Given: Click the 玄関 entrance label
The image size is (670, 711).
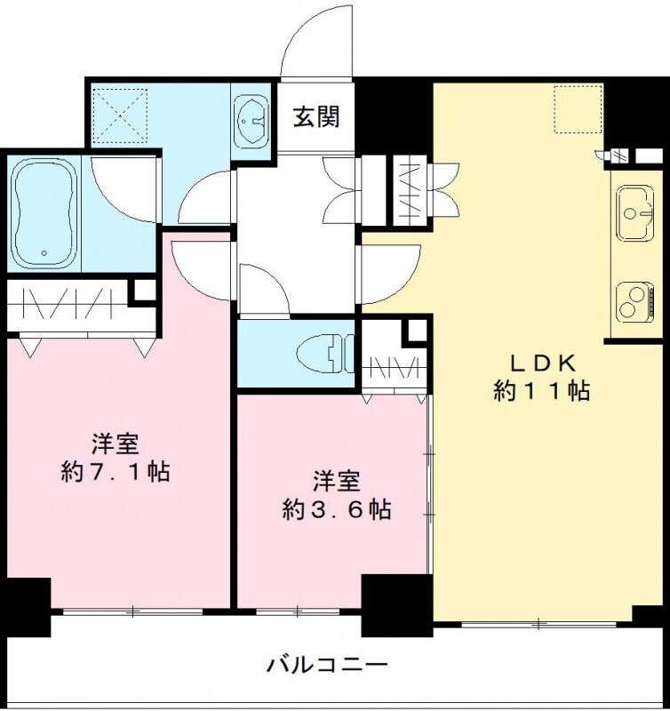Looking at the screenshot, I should coord(316,117).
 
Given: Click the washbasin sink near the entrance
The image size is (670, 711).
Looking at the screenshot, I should coord(252,118).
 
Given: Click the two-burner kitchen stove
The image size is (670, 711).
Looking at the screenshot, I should coord(636,301).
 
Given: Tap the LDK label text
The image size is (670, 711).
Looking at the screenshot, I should coord(543,363).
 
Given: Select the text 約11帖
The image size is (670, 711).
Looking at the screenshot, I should coord(543,391).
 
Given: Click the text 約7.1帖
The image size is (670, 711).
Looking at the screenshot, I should coord(116,471).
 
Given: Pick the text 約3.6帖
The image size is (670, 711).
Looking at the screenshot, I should coord(337,510).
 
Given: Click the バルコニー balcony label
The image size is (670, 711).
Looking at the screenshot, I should coord(326,664).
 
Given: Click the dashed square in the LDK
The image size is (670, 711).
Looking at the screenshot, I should coord(578,109).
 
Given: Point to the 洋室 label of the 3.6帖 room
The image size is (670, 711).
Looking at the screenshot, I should coord(337,482).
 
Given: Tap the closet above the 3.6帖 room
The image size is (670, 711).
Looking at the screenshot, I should coord(391,364).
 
